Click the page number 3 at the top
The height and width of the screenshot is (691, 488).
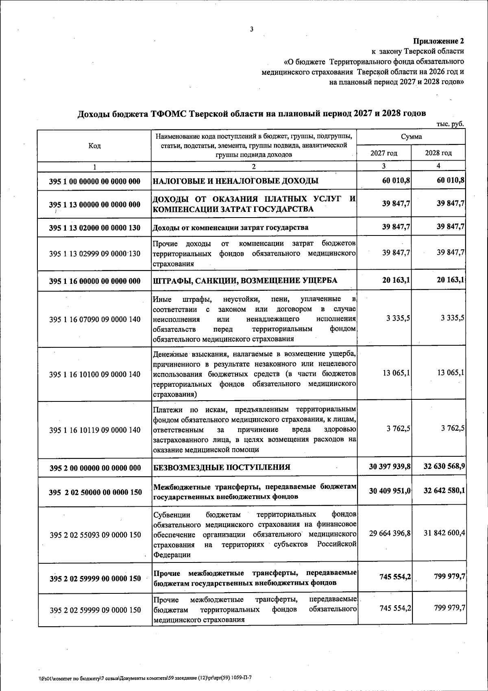coord(251,29)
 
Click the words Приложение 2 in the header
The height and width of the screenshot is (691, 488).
coord(438,41)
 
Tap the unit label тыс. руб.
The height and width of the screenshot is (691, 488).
coord(450,124)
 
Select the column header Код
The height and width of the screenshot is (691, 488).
coord(94,146)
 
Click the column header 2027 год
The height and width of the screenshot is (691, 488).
coord(384,153)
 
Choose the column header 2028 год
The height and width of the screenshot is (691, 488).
coord(438,153)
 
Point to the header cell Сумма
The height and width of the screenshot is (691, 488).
coord(411,137)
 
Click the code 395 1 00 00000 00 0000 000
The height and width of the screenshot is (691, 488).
coord(94,181)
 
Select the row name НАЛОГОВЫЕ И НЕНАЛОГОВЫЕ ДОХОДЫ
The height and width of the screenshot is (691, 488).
coord(235,181)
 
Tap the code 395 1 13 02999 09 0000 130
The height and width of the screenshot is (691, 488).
coord(94,254)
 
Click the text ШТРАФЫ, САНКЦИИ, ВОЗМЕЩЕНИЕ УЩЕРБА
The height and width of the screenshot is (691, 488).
coord(245,281)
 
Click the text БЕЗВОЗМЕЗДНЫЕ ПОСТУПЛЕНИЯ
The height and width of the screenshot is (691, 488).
coord(222,467)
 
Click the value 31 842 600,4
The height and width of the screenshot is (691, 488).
coord(444,533)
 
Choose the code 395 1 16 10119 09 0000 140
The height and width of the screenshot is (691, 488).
coord(94,430)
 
